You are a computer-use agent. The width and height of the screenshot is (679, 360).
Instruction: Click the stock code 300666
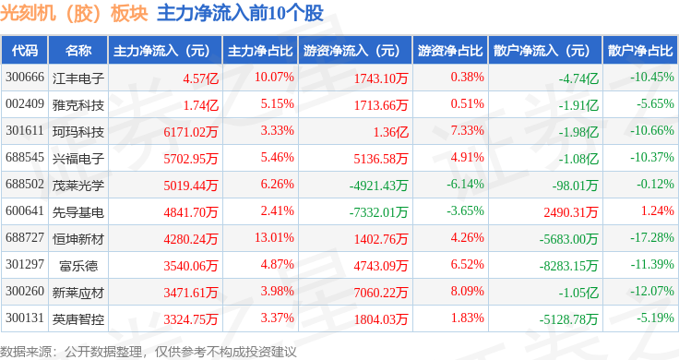tap(25, 78)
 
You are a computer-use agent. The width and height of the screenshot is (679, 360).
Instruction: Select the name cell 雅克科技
tap(78, 105)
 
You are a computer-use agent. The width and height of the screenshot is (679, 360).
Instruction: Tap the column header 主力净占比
tap(260, 51)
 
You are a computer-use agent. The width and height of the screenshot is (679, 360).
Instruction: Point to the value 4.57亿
tap(200, 78)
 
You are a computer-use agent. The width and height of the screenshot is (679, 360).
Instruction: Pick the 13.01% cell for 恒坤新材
tap(274, 238)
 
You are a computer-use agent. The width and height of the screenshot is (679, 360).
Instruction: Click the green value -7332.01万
tap(378, 212)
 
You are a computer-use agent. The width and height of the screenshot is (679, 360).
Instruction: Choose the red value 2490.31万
tap(571, 212)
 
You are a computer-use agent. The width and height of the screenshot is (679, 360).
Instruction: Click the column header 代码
tap(25, 51)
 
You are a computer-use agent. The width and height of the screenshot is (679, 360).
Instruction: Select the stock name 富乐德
tap(78, 266)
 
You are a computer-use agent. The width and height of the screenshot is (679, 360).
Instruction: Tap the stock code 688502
tap(25, 184)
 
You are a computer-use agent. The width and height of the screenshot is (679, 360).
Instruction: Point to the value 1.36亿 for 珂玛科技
tap(390, 132)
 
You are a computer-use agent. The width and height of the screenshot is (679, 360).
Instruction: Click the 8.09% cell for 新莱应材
tap(467, 291)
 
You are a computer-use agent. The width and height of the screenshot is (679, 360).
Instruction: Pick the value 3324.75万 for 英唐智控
tap(191, 319)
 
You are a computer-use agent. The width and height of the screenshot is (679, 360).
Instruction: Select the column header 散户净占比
tap(640, 51)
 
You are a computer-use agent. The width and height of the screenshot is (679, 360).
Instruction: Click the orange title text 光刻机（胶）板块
tap(74, 14)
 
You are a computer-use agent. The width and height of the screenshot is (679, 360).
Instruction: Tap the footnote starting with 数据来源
tap(149, 352)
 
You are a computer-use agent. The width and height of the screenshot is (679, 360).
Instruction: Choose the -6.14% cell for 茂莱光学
tap(465, 184)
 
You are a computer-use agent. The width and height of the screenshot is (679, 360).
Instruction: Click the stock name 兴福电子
tap(78, 159)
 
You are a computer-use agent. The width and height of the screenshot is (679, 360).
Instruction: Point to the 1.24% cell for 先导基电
tap(658, 211)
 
